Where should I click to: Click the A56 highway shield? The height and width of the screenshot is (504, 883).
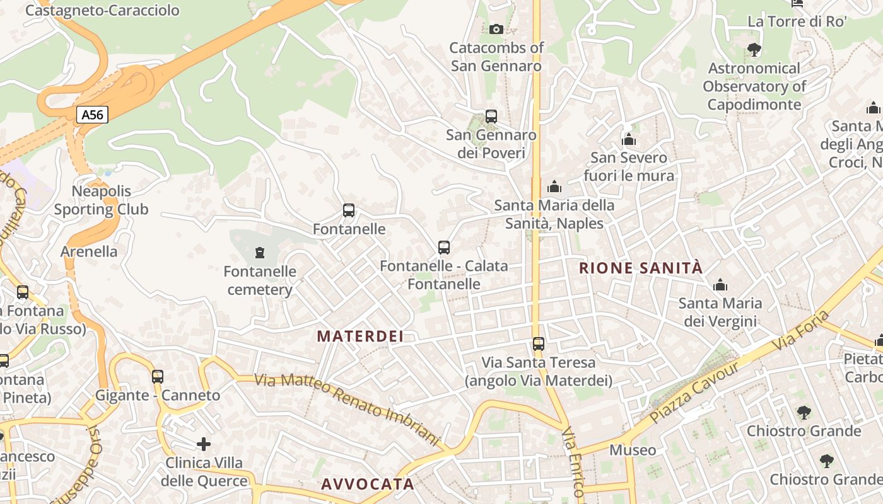pyautogui.click(x=92, y=115)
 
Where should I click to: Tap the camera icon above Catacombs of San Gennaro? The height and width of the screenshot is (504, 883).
pyautogui.click(x=496, y=29)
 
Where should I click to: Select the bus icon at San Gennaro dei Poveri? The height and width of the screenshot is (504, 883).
pyautogui.click(x=491, y=117)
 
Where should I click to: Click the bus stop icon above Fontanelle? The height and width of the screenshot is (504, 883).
pyautogui.click(x=348, y=210)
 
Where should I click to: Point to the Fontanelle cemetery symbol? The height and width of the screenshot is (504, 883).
pyautogui.click(x=259, y=253)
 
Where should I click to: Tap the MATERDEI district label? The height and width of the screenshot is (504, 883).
pyautogui.click(x=360, y=336)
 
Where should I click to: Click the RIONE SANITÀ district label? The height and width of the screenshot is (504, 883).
pyautogui.click(x=640, y=268)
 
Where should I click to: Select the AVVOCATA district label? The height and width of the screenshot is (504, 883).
pyautogui.click(x=368, y=484)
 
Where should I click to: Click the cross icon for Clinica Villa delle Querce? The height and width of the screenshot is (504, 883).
pyautogui.click(x=204, y=444)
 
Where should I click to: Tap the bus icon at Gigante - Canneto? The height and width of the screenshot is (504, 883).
pyautogui.click(x=157, y=377)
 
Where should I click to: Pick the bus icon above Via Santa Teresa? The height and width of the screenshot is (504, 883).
pyautogui.click(x=538, y=344)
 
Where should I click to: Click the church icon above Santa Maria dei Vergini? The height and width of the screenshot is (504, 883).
pyautogui.click(x=720, y=285)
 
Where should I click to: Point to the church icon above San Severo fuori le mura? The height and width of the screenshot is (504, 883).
pyautogui.click(x=628, y=139)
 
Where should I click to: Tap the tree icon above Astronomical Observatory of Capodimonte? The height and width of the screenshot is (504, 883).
pyautogui.click(x=753, y=49)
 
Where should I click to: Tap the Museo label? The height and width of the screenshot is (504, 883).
pyautogui.click(x=633, y=450)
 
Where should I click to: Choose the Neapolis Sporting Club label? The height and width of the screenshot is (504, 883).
pyautogui.click(x=101, y=200)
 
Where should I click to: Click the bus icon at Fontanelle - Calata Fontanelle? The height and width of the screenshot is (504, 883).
pyautogui.click(x=443, y=248)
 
